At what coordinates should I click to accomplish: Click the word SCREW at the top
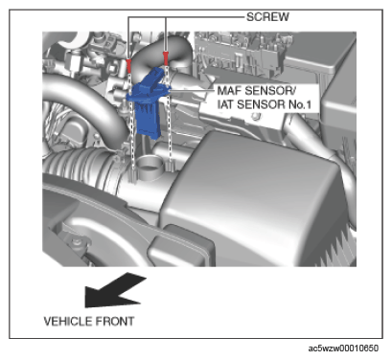click(x=267, y=16)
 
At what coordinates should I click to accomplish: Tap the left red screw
click(x=128, y=65)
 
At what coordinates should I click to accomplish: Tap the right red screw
click(x=166, y=58)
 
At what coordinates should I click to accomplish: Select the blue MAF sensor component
click(x=149, y=102)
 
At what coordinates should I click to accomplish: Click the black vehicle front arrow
click(x=114, y=290)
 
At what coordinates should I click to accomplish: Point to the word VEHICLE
click(x=67, y=321)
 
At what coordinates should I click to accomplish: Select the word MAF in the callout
click(x=229, y=91)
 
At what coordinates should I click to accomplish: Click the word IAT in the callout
click(x=225, y=104)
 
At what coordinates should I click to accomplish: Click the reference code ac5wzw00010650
click(x=343, y=348)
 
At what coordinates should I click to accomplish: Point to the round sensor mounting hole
click(x=150, y=167)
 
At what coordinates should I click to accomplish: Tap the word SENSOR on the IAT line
click(x=258, y=104)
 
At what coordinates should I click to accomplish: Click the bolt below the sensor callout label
click(x=255, y=117)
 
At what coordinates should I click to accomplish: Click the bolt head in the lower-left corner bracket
click(x=77, y=242)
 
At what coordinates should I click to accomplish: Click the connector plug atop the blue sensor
click(x=154, y=77)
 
